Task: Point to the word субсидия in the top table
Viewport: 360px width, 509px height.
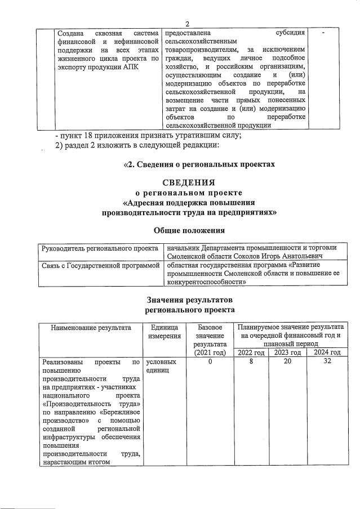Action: coord(287,33)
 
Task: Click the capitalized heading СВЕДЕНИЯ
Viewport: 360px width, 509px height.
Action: coord(189,182)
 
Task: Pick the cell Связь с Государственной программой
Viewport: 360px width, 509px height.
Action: coord(99,265)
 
